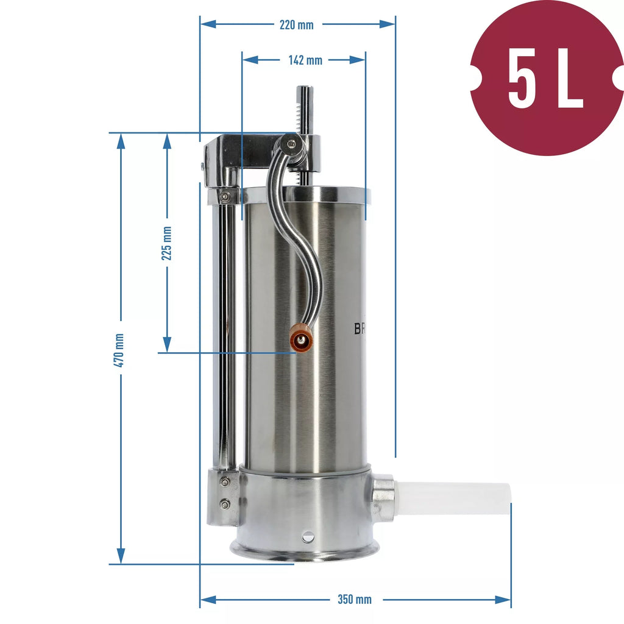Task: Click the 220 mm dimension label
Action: tap(297, 24)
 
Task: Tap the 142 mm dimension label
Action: tap(305, 60)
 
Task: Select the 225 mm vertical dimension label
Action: tap(166, 244)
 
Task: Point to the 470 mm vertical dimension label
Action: tap(119, 350)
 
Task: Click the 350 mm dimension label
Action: tap(355, 600)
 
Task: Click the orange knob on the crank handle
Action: tap(301, 339)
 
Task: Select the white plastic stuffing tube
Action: tap(453, 498)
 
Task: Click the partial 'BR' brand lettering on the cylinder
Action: tap(360, 328)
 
